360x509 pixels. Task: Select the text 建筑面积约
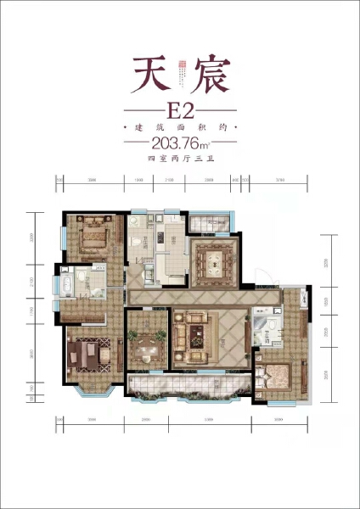point(179,126)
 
